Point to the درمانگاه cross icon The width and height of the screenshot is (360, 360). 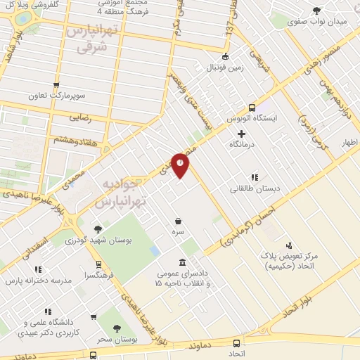point(242,134)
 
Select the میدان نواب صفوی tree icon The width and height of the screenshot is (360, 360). point(316,10)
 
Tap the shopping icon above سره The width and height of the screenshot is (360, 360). point(179,221)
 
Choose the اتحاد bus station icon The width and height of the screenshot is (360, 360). point(236,343)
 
